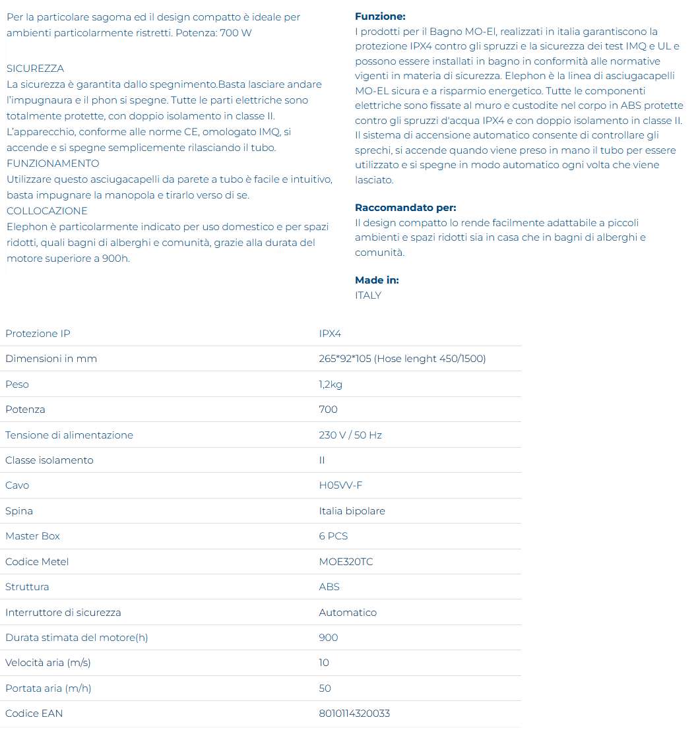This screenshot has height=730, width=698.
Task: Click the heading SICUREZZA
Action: click(x=36, y=69)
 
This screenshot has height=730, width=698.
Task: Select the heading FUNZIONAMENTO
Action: click(x=53, y=164)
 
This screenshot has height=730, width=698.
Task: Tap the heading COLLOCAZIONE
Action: click(x=47, y=211)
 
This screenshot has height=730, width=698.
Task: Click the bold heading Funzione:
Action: click(x=380, y=16)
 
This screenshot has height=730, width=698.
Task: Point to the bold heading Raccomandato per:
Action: click(x=405, y=208)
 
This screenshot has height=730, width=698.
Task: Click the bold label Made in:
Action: click(x=377, y=280)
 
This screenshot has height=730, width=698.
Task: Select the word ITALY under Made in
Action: click(x=368, y=295)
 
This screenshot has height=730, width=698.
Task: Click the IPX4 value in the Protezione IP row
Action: click(x=330, y=334)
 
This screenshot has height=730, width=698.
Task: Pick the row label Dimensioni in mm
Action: click(x=51, y=359)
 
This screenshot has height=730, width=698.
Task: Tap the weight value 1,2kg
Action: click(x=331, y=384)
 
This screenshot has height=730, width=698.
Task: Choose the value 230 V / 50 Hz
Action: click(x=350, y=435)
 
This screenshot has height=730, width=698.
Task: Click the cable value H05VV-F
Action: click(x=340, y=485)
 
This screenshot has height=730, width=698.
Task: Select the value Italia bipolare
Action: click(x=352, y=511)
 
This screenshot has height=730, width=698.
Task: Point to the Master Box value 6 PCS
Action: click(x=333, y=536)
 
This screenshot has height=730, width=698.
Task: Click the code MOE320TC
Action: click(x=346, y=562)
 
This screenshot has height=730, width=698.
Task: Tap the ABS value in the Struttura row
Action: click(x=329, y=587)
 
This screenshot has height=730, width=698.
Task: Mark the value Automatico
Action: click(x=348, y=613)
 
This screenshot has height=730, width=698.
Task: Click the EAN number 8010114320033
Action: click(x=354, y=714)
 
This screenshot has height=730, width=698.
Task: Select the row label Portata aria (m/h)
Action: click(x=48, y=688)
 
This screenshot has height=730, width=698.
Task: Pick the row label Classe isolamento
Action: click(x=49, y=460)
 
